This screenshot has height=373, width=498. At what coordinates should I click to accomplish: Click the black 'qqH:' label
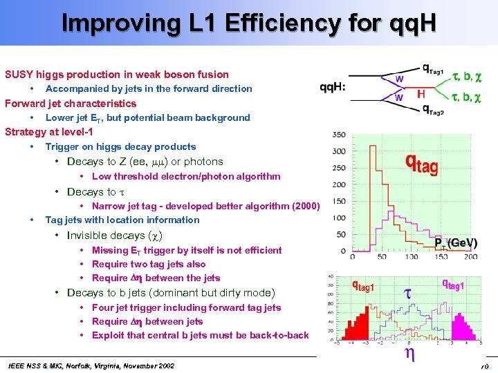click(x=333, y=88)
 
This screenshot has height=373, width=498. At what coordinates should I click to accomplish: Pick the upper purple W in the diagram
click(x=399, y=80)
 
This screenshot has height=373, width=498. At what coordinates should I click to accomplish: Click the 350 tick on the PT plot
click(x=339, y=135)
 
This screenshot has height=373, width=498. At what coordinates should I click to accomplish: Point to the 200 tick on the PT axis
click(x=471, y=257)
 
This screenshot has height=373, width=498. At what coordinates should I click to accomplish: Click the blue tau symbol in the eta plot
click(x=407, y=294)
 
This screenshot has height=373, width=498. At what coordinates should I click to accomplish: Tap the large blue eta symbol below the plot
click(x=409, y=354)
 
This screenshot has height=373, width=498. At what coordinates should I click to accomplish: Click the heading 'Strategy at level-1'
click(x=49, y=132)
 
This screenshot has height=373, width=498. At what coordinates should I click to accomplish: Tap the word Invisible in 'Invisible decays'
click(x=87, y=236)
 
